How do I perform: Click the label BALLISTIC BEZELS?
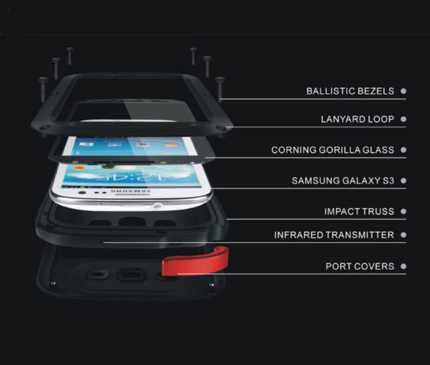click(350, 91)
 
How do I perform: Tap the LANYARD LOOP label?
click(357, 119)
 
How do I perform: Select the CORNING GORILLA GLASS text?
click(332, 150)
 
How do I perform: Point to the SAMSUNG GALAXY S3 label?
click(343, 181)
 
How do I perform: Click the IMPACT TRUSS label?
click(360, 212)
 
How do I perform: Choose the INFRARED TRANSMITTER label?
click(334, 235)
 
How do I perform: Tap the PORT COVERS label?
click(360, 267)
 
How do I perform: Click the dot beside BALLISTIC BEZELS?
click(403, 91)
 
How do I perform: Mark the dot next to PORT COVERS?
click(403, 267)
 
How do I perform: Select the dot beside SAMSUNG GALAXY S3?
click(403, 181)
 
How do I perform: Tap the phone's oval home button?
click(156, 206)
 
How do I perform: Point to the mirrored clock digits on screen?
click(131, 177)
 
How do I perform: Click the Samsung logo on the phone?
click(131, 191)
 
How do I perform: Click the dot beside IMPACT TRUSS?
click(403, 212)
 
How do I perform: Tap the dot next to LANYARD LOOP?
click(403, 119)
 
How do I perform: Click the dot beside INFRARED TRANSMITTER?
click(403, 235)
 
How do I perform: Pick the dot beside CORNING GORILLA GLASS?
click(403, 150)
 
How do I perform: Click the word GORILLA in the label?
click(339, 150)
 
